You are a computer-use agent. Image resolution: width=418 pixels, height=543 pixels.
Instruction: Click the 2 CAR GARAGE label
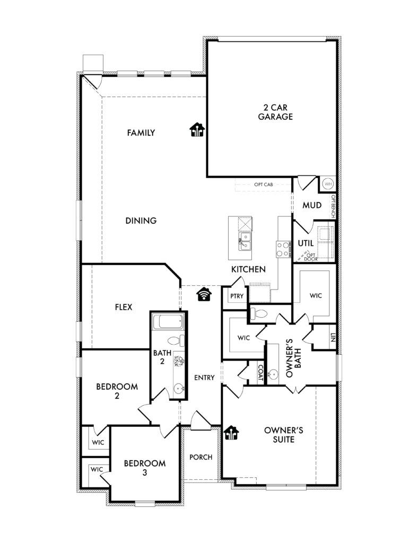[x=275, y=112]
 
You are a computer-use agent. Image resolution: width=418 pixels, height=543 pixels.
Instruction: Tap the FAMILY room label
[x=141, y=133]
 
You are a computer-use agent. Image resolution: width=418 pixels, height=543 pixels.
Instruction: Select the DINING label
[x=141, y=221]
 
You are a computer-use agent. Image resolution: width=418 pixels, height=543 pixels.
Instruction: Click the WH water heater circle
[x=328, y=183]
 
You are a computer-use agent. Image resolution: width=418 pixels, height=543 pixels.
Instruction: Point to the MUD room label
[x=312, y=205]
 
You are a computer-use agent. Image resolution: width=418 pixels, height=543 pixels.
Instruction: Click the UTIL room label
[x=306, y=243]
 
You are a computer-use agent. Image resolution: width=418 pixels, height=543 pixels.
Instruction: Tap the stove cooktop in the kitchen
[x=283, y=249]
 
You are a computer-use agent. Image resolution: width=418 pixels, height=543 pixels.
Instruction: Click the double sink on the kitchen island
[x=245, y=241]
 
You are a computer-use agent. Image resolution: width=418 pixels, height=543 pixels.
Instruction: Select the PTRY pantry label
[x=237, y=296]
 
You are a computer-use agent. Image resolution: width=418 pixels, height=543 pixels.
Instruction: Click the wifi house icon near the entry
[x=204, y=294]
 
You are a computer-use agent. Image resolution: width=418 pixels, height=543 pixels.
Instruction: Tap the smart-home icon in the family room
[x=197, y=130]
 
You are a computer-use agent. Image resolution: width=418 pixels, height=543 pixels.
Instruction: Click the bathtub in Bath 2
[x=168, y=322]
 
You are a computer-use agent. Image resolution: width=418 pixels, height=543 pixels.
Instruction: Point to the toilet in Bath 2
[x=176, y=340]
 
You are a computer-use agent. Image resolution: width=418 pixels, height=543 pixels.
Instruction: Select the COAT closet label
[x=260, y=374]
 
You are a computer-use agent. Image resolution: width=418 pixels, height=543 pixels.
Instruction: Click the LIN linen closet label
[x=333, y=338]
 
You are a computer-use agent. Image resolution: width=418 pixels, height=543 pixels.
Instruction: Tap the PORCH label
[x=201, y=457]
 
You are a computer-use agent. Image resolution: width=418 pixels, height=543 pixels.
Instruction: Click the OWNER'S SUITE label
[x=284, y=435]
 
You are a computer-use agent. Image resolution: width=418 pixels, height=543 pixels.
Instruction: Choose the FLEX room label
[x=124, y=307]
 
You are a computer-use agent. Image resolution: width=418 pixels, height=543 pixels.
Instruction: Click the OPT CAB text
[x=264, y=185]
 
